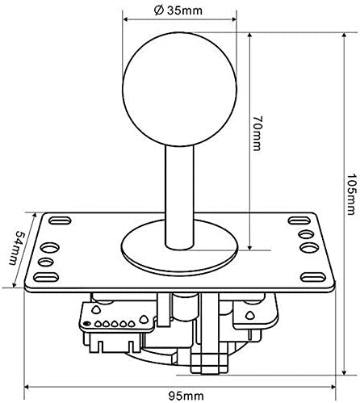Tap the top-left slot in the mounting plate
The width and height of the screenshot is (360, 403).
point(57,220)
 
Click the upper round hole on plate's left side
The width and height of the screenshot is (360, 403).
point(51,246)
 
